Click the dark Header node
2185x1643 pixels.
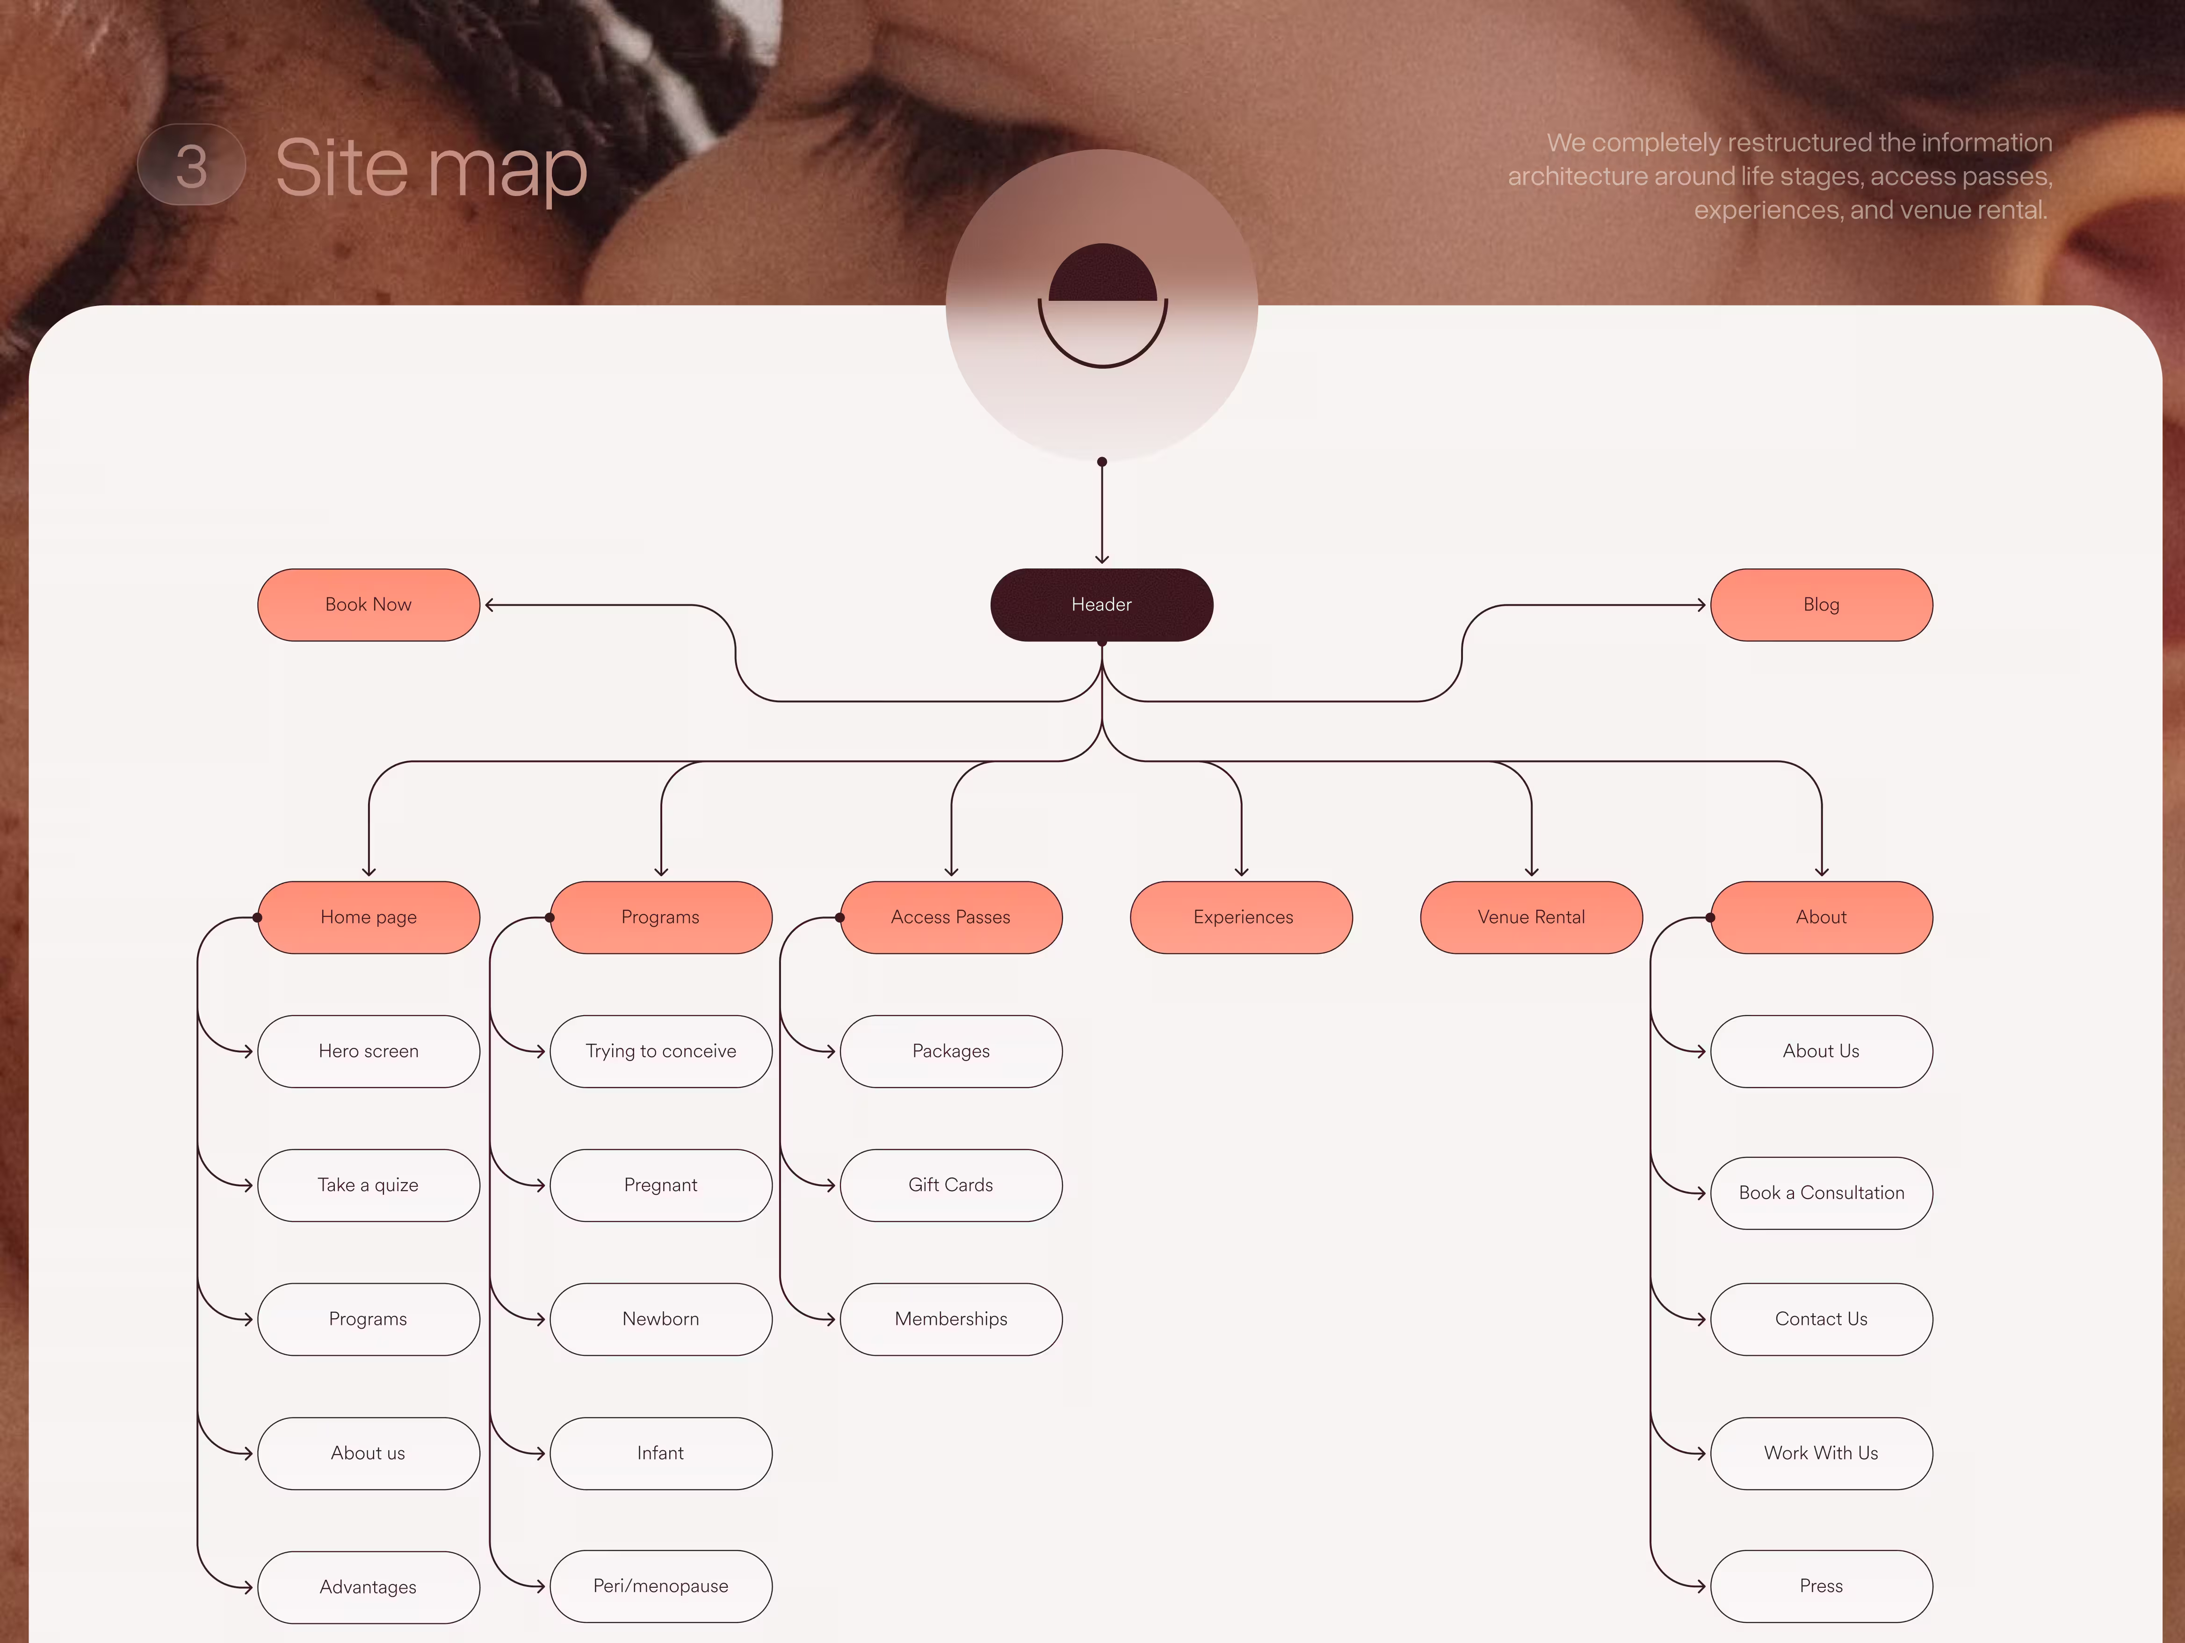(x=1101, y=604)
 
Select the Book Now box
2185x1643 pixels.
(x=369, y=604)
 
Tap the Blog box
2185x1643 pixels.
(x=1821, y=604)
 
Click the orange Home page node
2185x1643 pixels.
(x=369, y=917)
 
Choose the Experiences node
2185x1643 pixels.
(x=1242, y=917)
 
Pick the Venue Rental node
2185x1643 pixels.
(x=1531, y=917)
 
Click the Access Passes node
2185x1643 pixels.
(x=950, y=917)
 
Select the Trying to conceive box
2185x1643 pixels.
(x=661, y=1051)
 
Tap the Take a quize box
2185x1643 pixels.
(x=369, y=1185)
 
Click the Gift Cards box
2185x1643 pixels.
(x=950, y=1185)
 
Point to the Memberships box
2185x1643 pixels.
(x=950, y=1319)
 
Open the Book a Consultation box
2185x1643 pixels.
(x=1821, y=1192)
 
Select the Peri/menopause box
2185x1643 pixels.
(x=661, y=1586)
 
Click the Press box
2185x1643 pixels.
(x=1821, y=1586)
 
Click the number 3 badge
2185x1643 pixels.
(x=192, y=165)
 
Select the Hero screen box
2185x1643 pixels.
(x=369, y=1051)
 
